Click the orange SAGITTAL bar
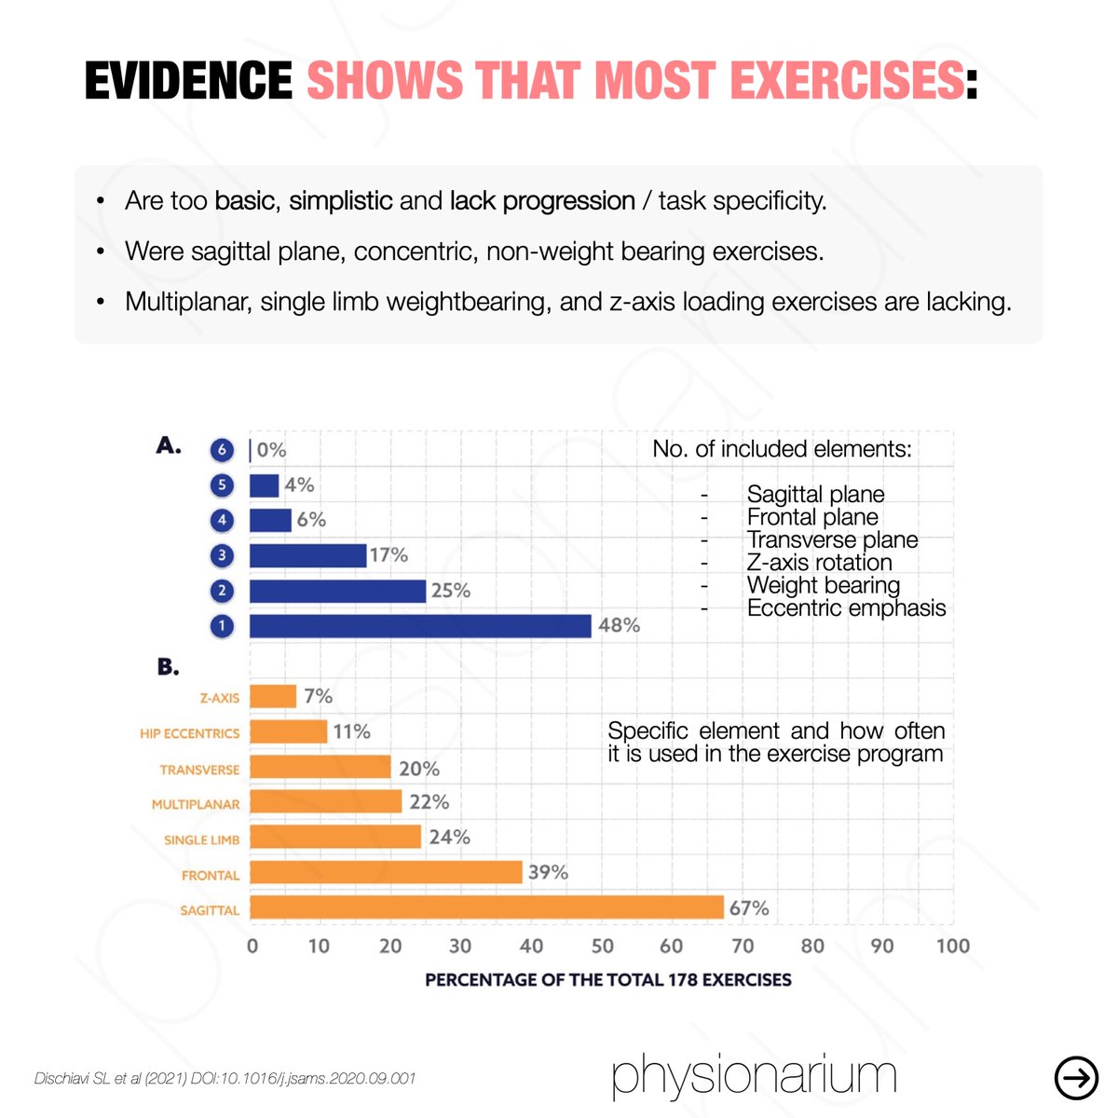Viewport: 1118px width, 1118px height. [486, 907]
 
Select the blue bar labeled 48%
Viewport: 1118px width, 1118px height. [420, 625]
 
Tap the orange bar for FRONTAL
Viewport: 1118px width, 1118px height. [386, 872]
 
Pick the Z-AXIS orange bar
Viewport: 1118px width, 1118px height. [273, 696]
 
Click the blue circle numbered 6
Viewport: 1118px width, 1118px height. [222, 450]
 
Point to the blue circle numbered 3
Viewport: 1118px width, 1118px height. [222, 555]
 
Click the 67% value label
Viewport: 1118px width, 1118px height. [748, 908]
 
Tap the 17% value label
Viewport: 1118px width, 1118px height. [389, 555]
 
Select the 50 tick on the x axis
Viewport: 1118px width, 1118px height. [602, 947]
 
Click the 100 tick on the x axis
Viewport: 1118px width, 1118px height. [953, 947]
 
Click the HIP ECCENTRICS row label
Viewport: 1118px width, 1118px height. [190, 733]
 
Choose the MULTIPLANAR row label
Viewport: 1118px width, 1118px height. [196, 804]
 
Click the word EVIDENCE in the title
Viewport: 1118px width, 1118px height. [188, 80]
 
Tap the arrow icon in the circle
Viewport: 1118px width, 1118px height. [1076, 1078]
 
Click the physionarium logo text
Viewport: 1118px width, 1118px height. [755, 1075]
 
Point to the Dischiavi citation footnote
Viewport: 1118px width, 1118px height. [225, 1079]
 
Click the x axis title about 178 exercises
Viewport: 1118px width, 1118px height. [608, 980]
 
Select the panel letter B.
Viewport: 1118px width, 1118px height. [168, 667]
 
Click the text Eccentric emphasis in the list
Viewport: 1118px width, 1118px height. [847, 608]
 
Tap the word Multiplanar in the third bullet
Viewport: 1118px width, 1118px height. [188, 302]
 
